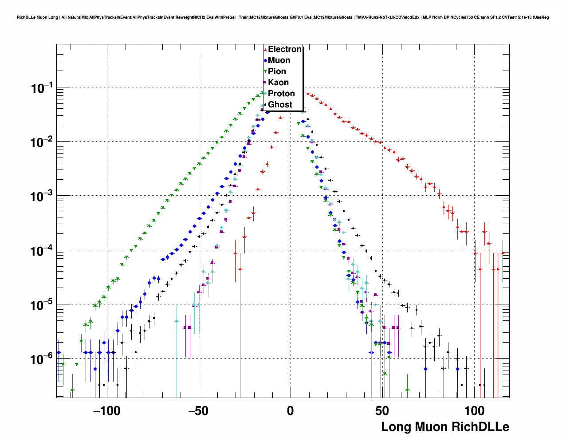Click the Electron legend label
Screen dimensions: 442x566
click(x=285, y=49)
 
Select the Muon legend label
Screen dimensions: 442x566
click(x=279, y=60)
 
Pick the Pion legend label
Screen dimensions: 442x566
click(x=277, y=71)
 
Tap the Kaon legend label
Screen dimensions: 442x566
click(x=278, y=83)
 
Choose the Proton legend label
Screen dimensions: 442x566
click(x=281, y=94)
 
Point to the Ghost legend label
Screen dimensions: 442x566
click(x=280, y=105)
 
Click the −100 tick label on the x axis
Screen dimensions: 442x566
click(x=106, y=411)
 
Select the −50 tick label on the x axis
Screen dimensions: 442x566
click(x=198, y=411)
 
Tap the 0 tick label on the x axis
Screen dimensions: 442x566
click(x=290, y=411)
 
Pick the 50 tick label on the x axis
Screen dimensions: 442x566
click(x=382, y=411)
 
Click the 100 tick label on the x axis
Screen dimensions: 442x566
click(x=474, y=411)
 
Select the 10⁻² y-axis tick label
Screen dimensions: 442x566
click(x=42, y=143)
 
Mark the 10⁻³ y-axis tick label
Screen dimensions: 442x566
click(x=42, y=197)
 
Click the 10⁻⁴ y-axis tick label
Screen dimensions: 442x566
click(x=42, y=251)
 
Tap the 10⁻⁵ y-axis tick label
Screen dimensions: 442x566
click(x=42, y=305)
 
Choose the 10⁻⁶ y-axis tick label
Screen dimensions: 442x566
click(x=42, y=359)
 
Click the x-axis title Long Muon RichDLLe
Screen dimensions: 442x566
click(x=445, y=427)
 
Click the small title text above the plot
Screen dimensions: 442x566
click(x=283, y=17)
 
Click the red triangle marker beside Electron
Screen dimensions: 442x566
click(x=265, y=50)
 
